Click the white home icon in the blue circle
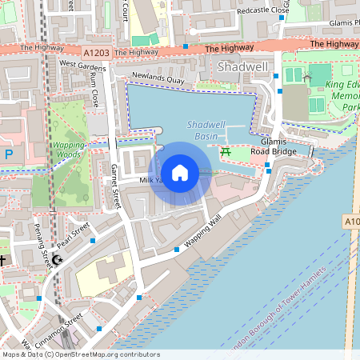(180, 172)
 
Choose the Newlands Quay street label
(158, 80)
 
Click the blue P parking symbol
(9, 154)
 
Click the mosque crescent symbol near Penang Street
(56, 259)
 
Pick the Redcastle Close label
(268, 10)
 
